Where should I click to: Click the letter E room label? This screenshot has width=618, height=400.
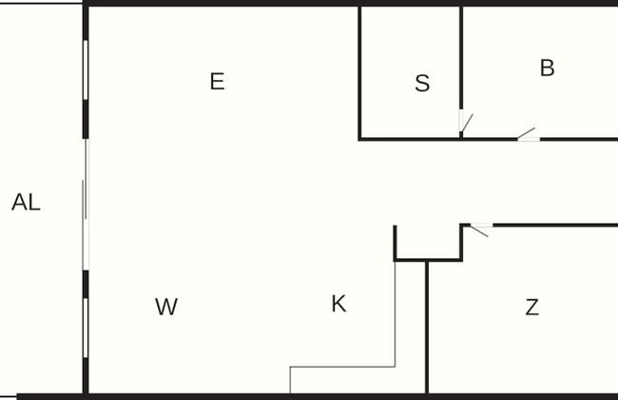pos(217,82)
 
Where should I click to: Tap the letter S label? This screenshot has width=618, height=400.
pos(422,84)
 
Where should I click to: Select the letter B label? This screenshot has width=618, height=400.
pos(547,69)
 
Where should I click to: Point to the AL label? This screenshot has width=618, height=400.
pos(26,202)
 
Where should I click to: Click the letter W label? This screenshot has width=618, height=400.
pos(166,307)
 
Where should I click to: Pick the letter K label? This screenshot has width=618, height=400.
pos(338,304)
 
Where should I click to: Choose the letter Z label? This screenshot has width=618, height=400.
pos(532,307)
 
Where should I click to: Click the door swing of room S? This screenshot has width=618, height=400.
pos(466,122)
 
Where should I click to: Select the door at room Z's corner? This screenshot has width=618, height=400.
pos(480,229)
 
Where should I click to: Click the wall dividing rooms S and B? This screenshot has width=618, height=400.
pos(461,67)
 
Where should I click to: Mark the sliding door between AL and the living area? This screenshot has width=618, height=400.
pos(85,205)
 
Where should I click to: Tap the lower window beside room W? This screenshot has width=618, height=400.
pos(86,329)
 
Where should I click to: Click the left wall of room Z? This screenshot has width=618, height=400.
pos(427,324)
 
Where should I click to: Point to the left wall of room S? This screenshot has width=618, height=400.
pos(359,71)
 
